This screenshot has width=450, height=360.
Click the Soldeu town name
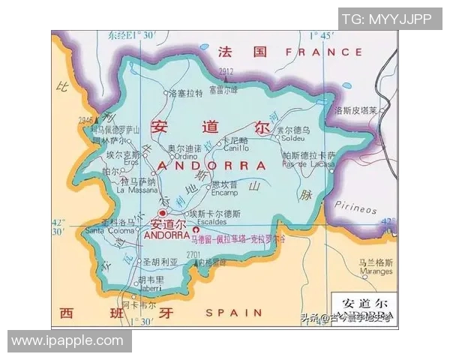coord(293,138)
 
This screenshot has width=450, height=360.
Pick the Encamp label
coord(226,191)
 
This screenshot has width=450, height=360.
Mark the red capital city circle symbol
coord(163,214)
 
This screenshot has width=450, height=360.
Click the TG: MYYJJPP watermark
coord(386,19)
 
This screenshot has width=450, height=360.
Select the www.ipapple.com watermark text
coord(67,340)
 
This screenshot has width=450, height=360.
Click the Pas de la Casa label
coord(307,164)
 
